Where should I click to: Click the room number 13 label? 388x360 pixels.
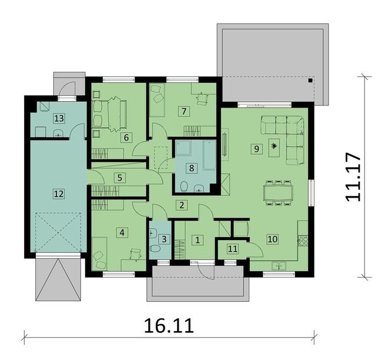59,119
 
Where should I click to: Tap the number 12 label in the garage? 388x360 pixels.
59,194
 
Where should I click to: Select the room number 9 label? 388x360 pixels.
256,149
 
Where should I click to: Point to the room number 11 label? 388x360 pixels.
233,249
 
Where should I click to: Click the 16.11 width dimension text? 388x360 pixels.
169,326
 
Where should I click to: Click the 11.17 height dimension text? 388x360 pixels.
352,177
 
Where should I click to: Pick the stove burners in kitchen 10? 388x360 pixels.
303,239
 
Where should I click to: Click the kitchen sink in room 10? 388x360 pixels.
279,266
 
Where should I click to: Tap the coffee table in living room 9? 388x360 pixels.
274,148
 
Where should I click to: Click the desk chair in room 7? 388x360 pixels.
202,98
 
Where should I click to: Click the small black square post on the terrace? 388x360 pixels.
310,80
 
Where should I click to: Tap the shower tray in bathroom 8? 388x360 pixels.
183,148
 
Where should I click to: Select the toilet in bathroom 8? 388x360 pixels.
184,187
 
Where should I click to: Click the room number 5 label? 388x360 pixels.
120,178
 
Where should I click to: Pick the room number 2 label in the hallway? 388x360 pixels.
182,205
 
